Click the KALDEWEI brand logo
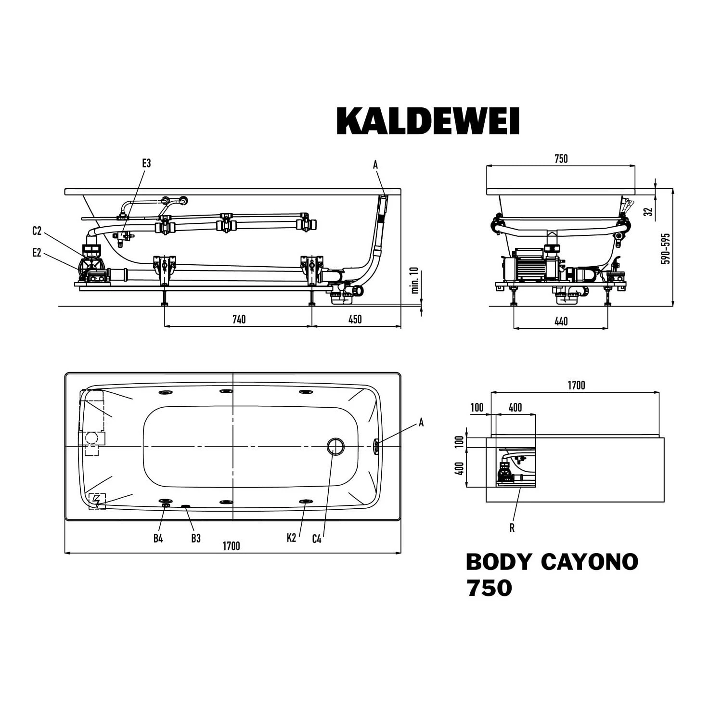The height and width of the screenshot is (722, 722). (x=428, y=122)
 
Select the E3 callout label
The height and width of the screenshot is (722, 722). (x=146, y=163)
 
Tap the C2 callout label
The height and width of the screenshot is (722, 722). (x=37, y=231)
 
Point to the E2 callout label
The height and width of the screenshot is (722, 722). (x=37, y=253)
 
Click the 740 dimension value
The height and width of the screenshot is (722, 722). (x=239, y=320)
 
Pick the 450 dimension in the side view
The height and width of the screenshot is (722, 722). (x=355, y=320)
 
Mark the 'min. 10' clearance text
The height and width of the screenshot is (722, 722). (x=415, y=281)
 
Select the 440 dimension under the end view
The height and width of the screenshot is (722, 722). (x=561, y=322)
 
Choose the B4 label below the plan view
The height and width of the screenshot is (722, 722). (x=158, y=539)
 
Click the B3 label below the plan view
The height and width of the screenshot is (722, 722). (x=196, y=539)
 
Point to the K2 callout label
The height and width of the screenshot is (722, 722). (x=291, y=539)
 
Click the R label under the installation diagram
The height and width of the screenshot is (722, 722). (x=512, y=528)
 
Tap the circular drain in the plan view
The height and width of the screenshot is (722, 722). (x=335, y=447)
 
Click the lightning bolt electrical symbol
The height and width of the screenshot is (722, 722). (x=97, y=501)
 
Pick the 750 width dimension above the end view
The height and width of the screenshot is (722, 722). (x=561, y=159)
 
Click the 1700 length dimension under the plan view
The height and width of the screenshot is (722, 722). (x=231, y=546)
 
